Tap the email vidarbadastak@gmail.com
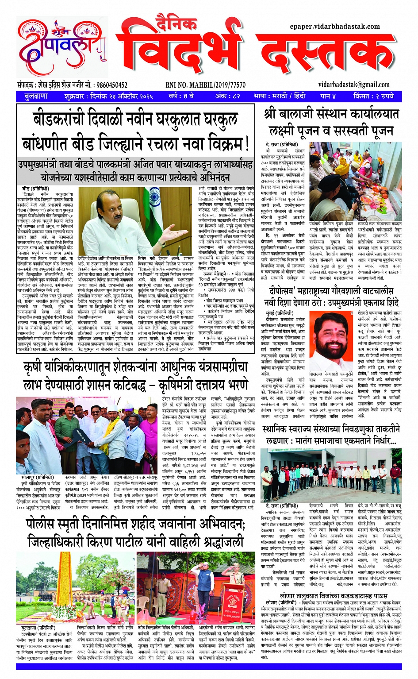point(354,85)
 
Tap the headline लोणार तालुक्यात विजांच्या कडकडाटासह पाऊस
point(334,596)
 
